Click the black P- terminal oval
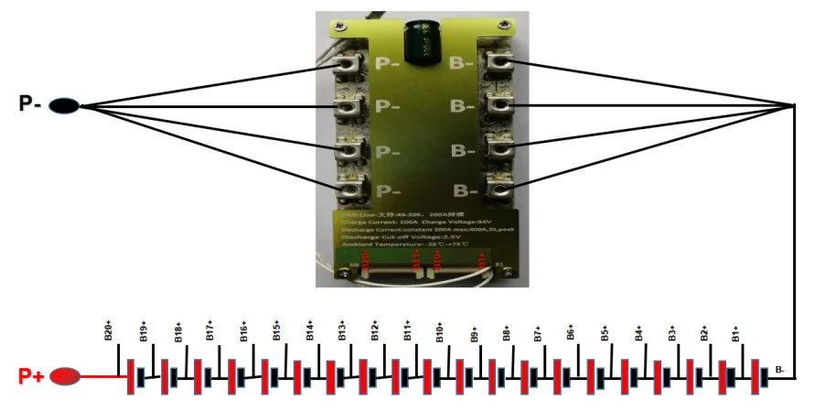point(62,105)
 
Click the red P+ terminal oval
point(64,375)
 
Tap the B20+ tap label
point(109,330)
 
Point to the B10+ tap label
point(440,331)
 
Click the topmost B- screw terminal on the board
point(499,62)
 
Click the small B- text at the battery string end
point(780,369)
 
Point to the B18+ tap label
point(177,331)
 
